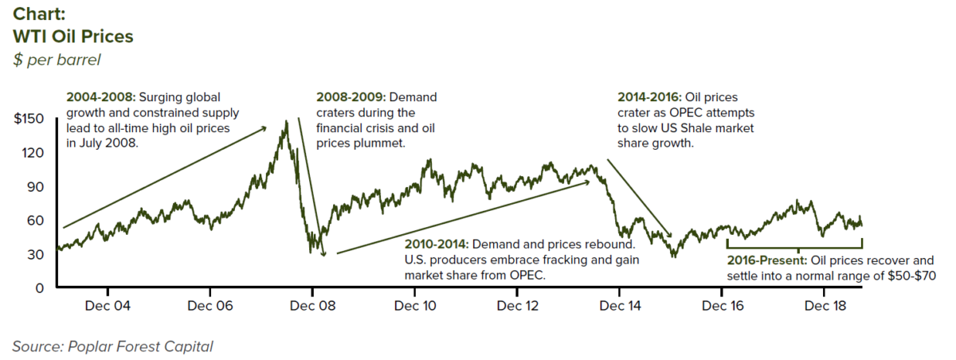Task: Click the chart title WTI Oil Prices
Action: (x=72, y=37)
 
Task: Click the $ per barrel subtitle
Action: (x=57, y=61)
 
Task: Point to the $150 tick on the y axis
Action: (x=29, y=119)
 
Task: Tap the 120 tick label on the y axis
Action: (x=34, y=153)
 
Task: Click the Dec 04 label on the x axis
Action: (x=109, y=306)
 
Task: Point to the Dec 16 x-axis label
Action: (x=722, y=306)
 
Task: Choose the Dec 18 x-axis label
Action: (x=824, y=306)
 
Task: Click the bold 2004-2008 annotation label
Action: (x=101, y=97)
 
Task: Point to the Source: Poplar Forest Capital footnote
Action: (x=112, y=346)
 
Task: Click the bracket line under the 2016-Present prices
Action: (x=794, y=248)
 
